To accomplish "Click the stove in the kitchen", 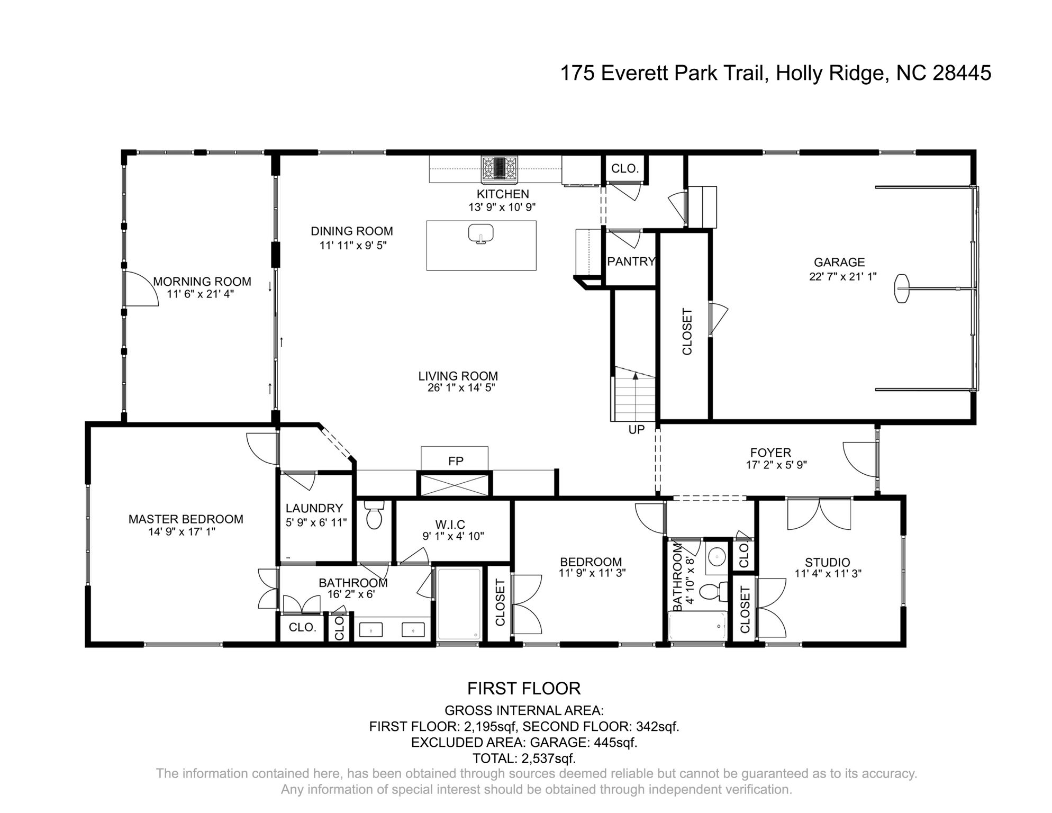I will click(x=499, y=169).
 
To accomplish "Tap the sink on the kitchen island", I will click(x=480, y=233).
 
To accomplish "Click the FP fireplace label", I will click(x=455, y=461).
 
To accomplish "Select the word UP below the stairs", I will click(x=636, y=430).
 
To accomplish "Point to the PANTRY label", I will click(x=631, y=261).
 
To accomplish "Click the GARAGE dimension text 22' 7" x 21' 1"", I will click(x=842, y=276).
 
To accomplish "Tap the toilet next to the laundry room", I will click(x=374, y=516).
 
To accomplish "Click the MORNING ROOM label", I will click(x=202, y=282).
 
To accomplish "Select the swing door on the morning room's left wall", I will click(x=141, y=289).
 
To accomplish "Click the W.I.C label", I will click(x=450, y=525).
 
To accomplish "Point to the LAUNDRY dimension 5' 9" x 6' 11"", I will click(x=316, y=522).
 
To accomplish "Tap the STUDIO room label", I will click(x=827, y=562).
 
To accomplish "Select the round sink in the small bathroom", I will click(x=718, y=556).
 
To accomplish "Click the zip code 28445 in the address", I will click(x=961, y=73).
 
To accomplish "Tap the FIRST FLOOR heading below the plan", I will click(x=523, y=688).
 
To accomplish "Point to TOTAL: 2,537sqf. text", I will click(x=523, y=758).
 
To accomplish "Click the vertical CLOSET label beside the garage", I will click(x=687, y=331).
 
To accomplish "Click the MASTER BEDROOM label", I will click(x=186, y=519).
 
